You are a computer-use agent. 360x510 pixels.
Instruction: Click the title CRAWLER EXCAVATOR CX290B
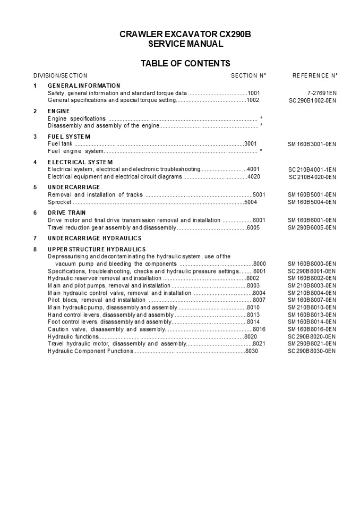click(185, 35)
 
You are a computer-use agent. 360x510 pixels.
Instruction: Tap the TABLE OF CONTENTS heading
click(185, 64)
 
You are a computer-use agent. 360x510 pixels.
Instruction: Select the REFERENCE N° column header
click(315, 75)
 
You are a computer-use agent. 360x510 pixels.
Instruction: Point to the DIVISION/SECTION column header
click(60, 75)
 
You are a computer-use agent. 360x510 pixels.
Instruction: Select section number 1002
click(253, 100)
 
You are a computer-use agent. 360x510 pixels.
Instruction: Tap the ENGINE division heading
click(59, 111)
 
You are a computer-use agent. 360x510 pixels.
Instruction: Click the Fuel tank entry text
click(60, 143)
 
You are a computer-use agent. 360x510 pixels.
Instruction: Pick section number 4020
click(254, 176)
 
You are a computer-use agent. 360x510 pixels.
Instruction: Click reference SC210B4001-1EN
click(312, 169)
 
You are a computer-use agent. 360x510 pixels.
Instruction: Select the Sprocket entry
click(59, 202)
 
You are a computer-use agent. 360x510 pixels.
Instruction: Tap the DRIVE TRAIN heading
click(67, 212)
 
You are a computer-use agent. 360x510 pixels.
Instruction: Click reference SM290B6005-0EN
click(312, 227)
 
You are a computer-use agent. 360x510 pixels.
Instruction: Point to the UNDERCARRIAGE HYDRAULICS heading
click(95, 238)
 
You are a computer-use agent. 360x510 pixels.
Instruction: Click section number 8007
click(259, 300)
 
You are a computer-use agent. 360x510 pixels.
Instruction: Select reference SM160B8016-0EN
click(312, 329)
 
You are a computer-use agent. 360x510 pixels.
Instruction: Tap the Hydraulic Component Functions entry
click(90, 351)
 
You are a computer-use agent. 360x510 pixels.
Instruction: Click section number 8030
click(252, 351)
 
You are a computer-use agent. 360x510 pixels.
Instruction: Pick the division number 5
click(35, 187)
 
